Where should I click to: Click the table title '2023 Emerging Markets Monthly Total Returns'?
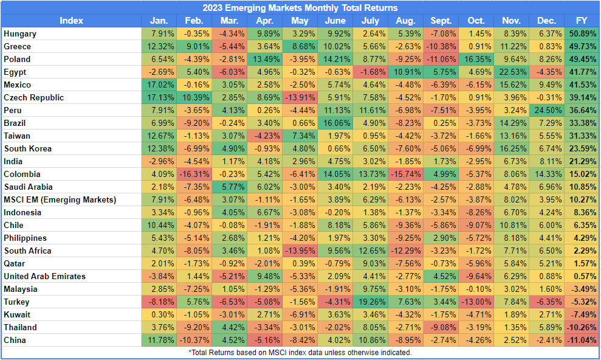pos(300,8)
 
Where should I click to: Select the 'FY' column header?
pos(581,21)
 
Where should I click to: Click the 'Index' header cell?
pos(72,21)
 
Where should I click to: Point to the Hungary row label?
pos(20,34)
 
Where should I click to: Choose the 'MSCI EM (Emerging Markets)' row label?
pos(60,199)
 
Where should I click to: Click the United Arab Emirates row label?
pos(45,276)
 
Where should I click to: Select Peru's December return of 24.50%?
pos(548,111)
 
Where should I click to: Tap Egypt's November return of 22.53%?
pos(512,72)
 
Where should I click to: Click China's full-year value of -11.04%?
pos(581,340)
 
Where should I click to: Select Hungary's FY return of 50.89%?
pos(581,34)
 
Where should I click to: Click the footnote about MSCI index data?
pos(300,353)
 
